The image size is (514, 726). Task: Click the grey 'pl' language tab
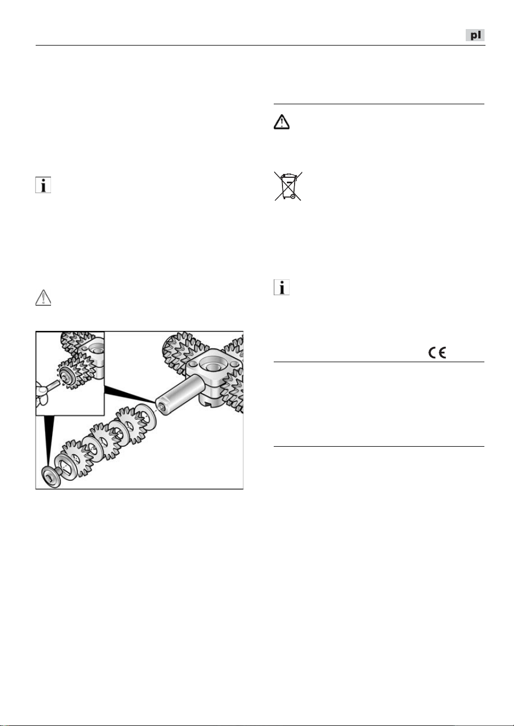point(475,35)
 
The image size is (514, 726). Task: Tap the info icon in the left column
point(43,185)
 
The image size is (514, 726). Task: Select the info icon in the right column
point(281,287)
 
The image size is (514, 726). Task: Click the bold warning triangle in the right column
point(281,122)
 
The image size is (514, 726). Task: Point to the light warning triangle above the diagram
point(43,297)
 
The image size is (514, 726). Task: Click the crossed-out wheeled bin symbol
point(288,186)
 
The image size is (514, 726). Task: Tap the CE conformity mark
point(437,353)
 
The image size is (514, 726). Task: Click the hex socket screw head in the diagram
point(51,476)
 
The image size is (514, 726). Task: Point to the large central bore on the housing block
point(213,367)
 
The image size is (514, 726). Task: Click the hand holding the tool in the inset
point(41,393)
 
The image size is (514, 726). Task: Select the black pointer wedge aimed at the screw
point(49,441)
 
